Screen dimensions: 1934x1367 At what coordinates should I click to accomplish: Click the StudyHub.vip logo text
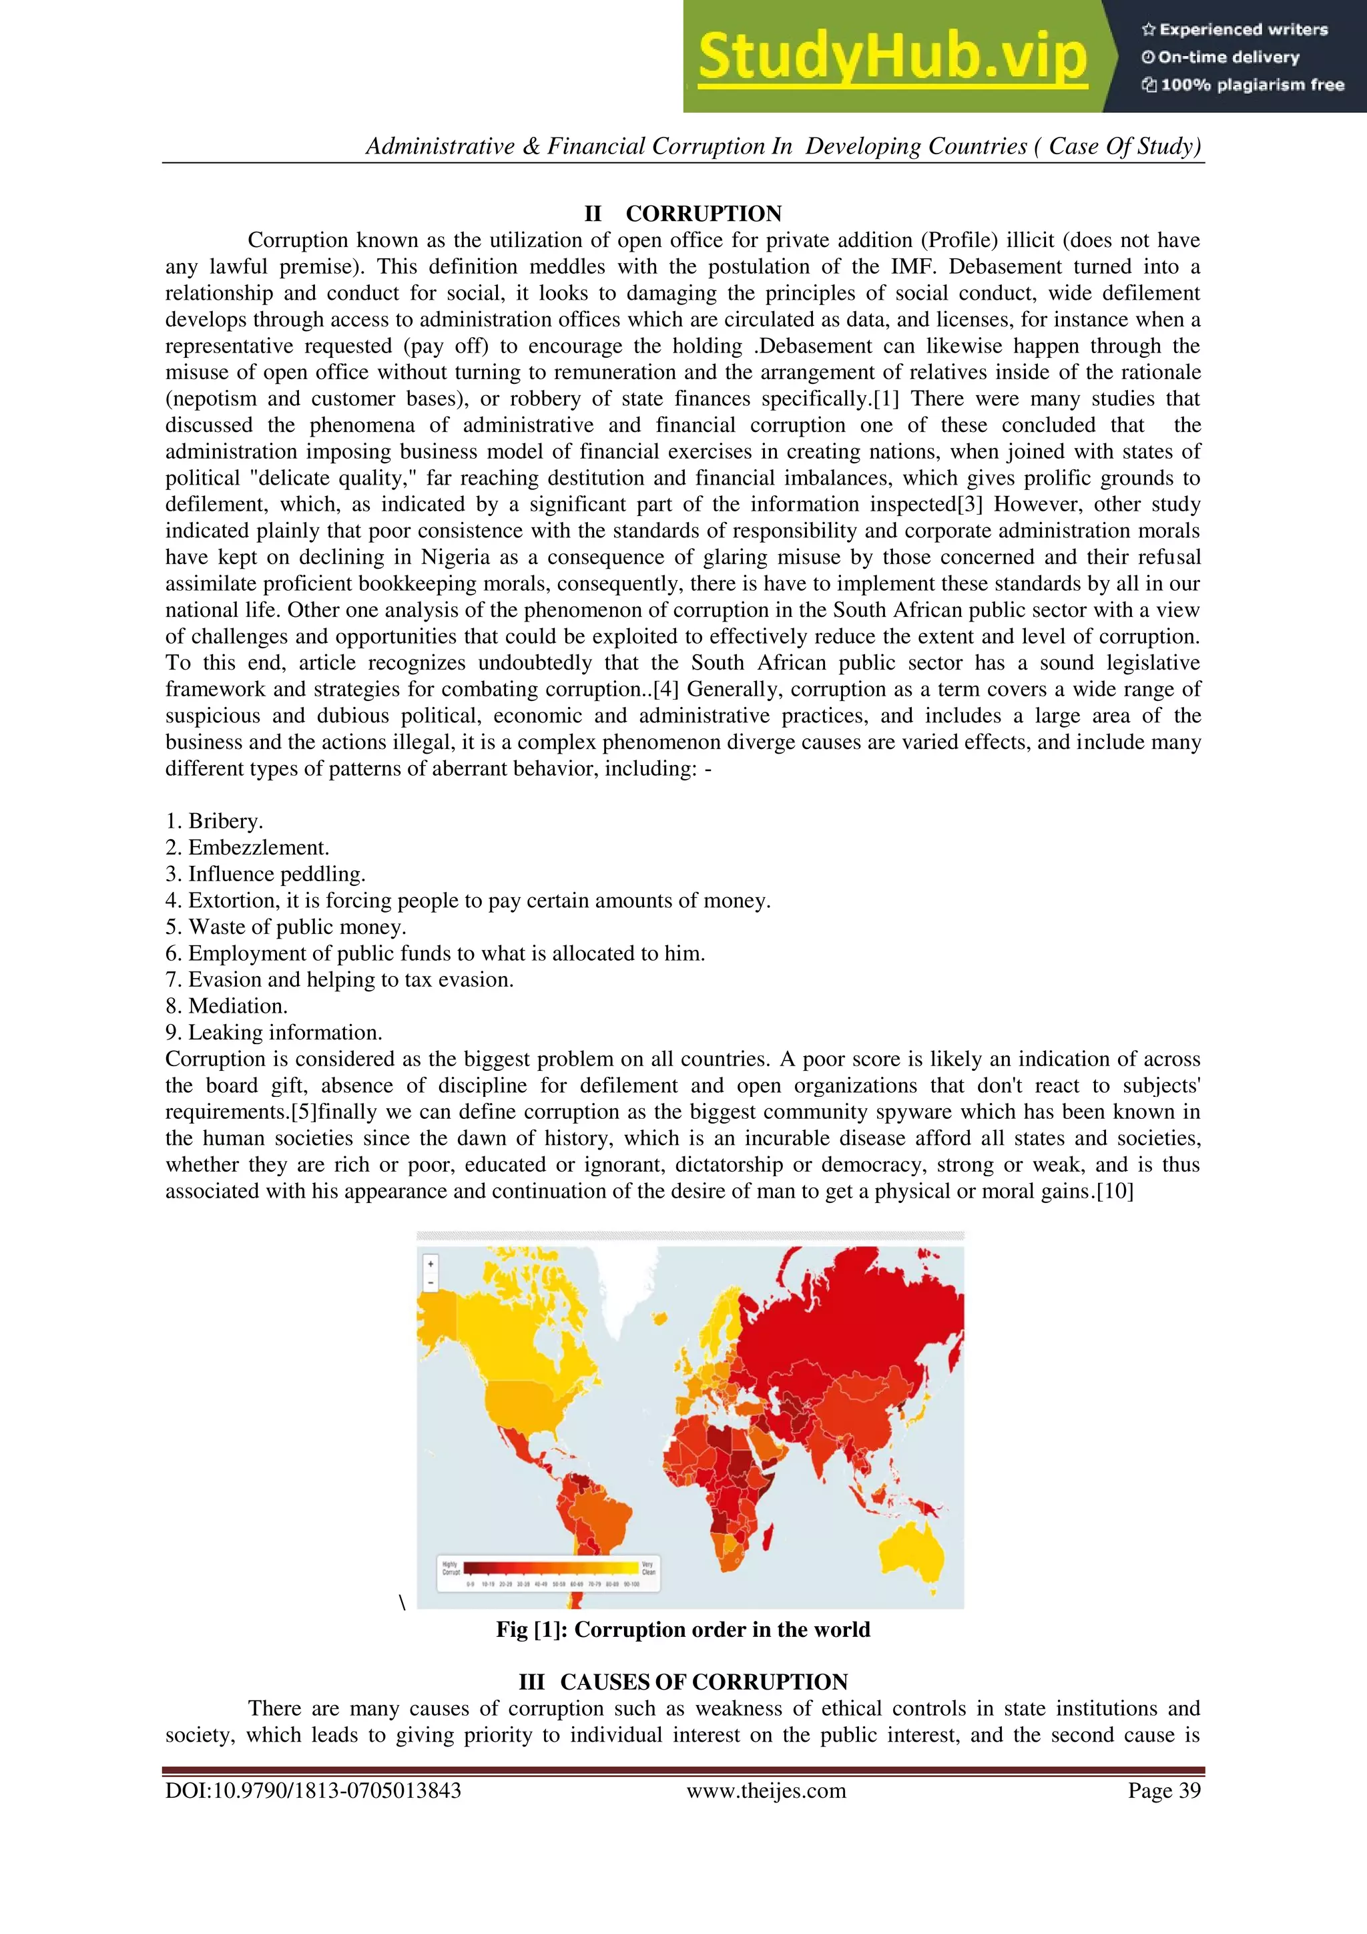click(x=892, y=57)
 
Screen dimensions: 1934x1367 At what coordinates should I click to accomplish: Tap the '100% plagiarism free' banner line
click(x=1244, y=85)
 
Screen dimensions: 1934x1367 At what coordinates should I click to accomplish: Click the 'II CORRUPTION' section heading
click(x=683, y=213)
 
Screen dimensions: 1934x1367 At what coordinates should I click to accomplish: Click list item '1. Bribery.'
click(x=214, y=821)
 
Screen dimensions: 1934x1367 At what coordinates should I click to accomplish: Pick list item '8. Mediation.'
click(x=226, y=1006)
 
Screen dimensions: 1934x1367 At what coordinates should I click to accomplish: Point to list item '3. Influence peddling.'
click(x=265, y=875)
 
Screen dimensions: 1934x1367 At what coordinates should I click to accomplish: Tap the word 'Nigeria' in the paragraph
click(x=456, y=557)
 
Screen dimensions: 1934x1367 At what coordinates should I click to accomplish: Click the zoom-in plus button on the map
click(x=431, y=1264)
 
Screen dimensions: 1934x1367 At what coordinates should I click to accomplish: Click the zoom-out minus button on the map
click(x=431, y=1283)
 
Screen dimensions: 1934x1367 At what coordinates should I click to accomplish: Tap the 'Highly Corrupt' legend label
click(x=451, y=1567)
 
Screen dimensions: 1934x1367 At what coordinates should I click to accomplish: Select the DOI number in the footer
click(x=312, y=1791)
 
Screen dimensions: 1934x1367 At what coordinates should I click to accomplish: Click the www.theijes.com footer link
click(x=766, y=1791)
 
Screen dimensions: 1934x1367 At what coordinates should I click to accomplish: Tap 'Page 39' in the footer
click(x=1164, y=1791)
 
